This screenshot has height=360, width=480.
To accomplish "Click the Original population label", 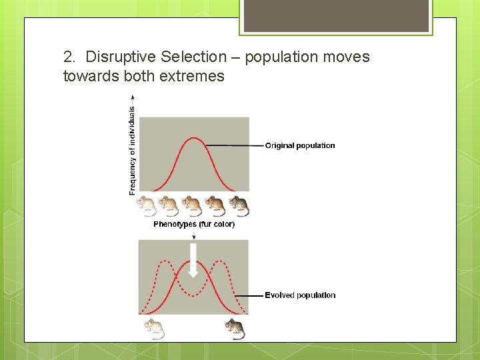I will click(300, 145).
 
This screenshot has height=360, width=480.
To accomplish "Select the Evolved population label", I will click(300, 295).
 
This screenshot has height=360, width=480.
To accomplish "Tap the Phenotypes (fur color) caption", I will click(194, 225).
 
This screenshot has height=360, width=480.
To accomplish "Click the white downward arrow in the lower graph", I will click(193, 261).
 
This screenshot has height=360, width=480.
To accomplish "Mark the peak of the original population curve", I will click(193, 138).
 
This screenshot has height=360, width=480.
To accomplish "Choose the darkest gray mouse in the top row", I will click(239, 206).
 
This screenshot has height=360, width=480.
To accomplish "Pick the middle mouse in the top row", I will click(192, 206).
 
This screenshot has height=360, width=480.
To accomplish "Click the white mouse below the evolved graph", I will click(154, 328).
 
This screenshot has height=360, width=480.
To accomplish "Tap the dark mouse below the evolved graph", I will click(235, 328).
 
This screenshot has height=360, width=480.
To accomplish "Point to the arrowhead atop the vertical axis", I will click(132, 97).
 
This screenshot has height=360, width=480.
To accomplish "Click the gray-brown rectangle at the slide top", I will click(336, 15).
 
